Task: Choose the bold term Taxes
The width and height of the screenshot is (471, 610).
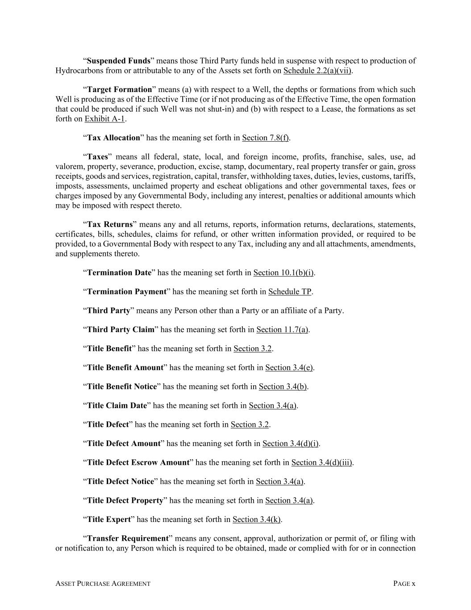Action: click(x=97, y=157)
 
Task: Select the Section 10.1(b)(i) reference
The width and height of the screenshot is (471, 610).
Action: click(x=283, y=273)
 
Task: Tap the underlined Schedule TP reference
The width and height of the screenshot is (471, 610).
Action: click(x=290, y=292)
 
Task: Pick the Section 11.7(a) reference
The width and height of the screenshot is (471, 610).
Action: click(x=282, y=330)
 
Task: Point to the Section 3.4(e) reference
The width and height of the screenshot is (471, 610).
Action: click(x=289, y=368)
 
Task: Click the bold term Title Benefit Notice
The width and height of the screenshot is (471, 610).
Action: click(x=122, y=387)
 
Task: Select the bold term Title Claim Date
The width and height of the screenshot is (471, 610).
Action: click(x=117, y=406)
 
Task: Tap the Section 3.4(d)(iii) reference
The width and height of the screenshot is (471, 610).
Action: click(x=322, y=463)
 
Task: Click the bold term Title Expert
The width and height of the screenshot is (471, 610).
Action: click(x=109, y=519)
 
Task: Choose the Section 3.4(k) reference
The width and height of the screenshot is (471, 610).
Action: click(x=257, y=519)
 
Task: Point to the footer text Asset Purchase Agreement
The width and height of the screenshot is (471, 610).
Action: click(x=103, y=584)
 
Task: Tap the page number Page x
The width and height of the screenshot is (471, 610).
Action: click(x=404, y=584)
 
